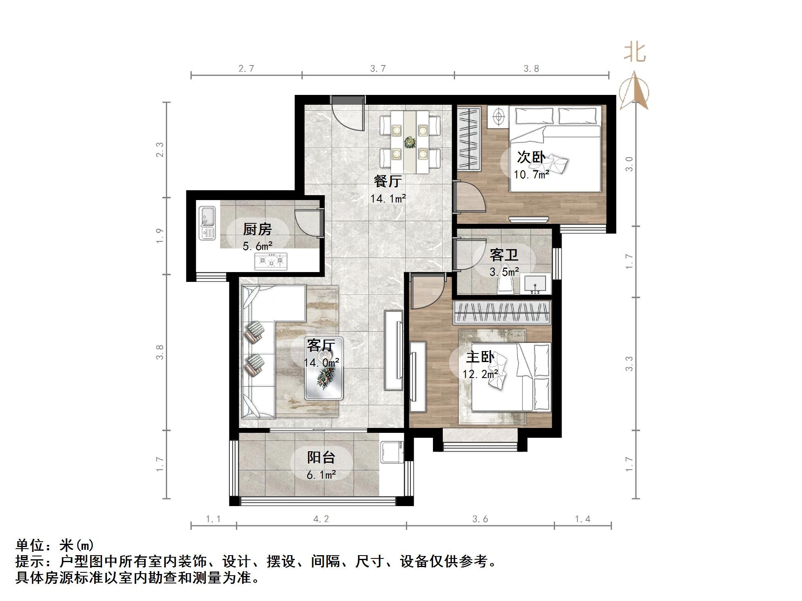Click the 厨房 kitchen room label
click(257, 230)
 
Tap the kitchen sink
click(207, 223)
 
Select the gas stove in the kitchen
click(271, 261)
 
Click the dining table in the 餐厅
click(410, 142)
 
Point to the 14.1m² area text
click(388, 199)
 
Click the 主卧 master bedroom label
click(480, 357)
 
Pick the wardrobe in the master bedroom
click(502, 313)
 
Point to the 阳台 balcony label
click(321, 457)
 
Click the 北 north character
click(635, 52)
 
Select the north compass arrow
click(634, 91)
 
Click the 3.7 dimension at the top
click(378, 69)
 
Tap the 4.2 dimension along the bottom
click(321, 519)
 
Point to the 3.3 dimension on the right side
click(630, 364)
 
